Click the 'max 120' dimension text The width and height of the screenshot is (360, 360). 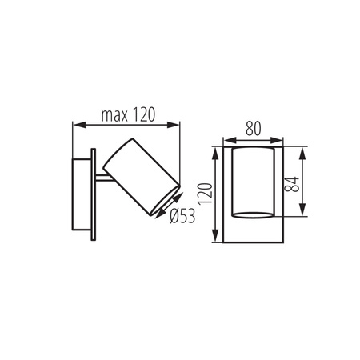coord(127,114)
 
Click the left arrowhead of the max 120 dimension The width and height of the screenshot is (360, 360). coord(76,124)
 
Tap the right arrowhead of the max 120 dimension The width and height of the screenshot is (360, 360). coord(176,124)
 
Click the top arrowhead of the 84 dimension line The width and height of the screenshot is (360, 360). coord(302,150)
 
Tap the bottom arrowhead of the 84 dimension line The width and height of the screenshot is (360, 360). coord(302,214)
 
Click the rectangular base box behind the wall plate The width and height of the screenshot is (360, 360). coord(82,194)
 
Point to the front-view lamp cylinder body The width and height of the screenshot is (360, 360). coord(251,182)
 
